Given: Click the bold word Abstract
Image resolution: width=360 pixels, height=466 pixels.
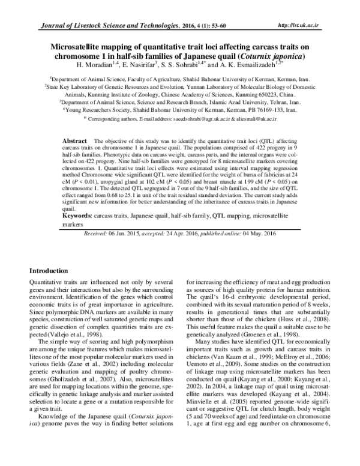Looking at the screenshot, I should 75,140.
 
